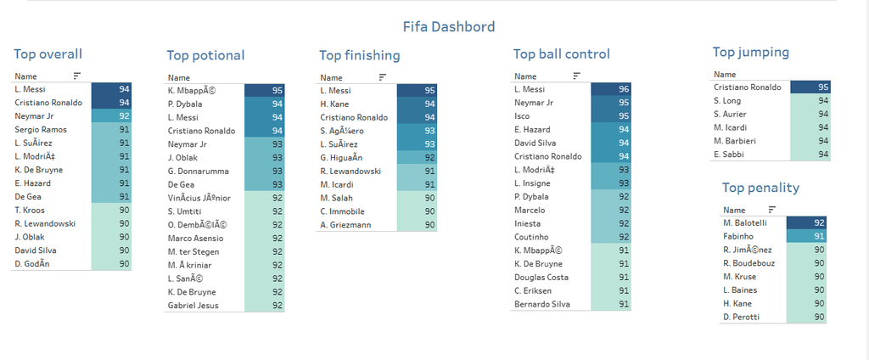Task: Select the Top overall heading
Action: (x=48, y=53)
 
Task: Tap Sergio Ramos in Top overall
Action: (x=41, y=129)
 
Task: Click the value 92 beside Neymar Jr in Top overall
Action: (x=111, y=115)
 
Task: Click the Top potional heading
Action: (x=205, y=55)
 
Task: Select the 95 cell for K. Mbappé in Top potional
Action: (x=264, y=91)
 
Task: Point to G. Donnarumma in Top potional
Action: (x=199, y=171)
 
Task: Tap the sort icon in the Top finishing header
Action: (x=382, y=76)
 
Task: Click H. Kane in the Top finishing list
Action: (x=336, y=104)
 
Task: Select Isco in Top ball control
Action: (x=523, y=115)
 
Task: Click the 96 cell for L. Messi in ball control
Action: (x=612, y=89)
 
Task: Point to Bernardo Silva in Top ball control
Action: (x=541, y=304)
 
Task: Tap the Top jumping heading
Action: (x=750, y=52)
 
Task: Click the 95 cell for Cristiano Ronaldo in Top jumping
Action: (x=810, y=87)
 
